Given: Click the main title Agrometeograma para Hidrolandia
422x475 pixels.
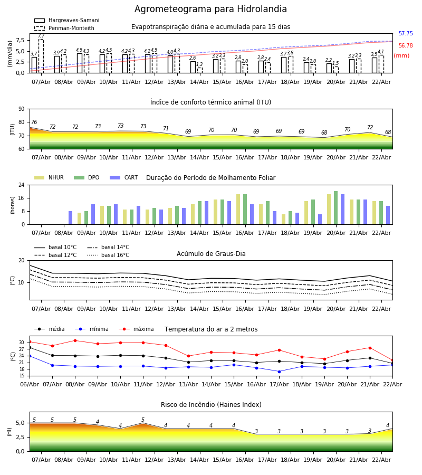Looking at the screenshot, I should [210, 9].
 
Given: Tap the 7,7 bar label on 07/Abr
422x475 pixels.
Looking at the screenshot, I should [41, 36].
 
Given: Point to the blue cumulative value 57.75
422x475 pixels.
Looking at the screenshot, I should [406, 34].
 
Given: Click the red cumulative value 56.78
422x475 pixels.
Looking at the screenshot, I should [406, 46].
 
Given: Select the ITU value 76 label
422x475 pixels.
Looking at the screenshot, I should [34, 122].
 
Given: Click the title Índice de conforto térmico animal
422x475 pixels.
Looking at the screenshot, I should [210, 102].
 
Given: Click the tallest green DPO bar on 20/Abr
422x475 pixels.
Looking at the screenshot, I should [335, 207].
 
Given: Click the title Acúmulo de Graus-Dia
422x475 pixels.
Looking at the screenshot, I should [211, 254].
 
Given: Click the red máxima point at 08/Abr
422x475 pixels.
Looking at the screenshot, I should [75, 340].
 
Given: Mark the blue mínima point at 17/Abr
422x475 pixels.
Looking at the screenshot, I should [279, 371].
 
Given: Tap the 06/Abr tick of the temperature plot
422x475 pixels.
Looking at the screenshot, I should [30, 384].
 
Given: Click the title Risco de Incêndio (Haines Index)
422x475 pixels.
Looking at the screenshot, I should [211, 405].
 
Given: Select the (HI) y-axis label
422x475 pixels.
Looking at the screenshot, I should [10, 432].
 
